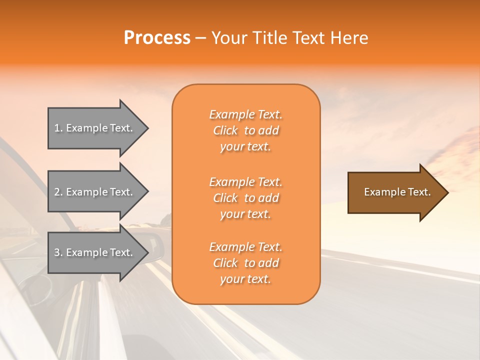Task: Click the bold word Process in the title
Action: pos(157,38)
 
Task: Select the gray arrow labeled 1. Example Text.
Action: pos(97,128)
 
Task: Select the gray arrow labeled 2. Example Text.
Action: pos(97,192)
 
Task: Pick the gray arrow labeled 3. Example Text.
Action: pos(97,252)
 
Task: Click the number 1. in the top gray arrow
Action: pos(58,128)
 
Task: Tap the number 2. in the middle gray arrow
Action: pos(58,192)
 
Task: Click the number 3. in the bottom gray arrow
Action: pos(58,252)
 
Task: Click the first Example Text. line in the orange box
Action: pos(245,114)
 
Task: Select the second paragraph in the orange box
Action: pos(245,198)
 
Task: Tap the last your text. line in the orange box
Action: pos(245,279)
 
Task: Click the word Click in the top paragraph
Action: pos(225,130)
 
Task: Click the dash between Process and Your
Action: pos(200,38)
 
